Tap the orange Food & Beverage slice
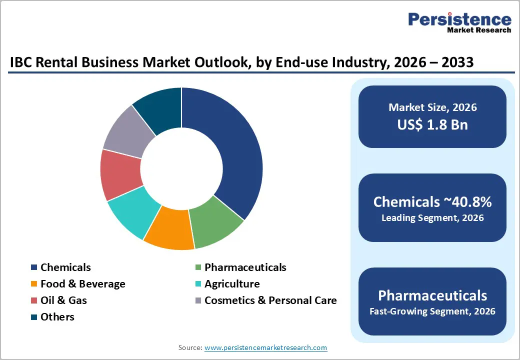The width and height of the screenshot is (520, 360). tap(169, 233)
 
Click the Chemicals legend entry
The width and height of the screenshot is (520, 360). tap(65, 267)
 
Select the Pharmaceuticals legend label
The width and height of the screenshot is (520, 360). tap(245, 267)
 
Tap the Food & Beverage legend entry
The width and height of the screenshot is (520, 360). tap(82, 284)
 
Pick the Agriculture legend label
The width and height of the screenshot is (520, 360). tap(232, 284)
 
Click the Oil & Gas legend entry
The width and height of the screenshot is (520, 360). tap(63, 300)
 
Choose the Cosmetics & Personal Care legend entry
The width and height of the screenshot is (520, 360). tap(270, 300)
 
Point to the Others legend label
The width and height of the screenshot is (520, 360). tap(57, 317)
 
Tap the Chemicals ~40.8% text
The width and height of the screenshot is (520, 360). tap(432, 202)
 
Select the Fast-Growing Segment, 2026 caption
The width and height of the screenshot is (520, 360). tap(432, 311)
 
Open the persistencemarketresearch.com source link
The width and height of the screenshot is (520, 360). tap(265, 347)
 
